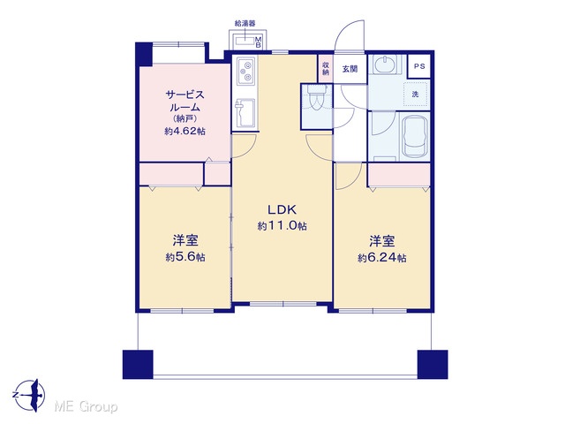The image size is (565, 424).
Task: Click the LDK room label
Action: tap(282, 209)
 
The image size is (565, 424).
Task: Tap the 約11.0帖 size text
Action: tap(282, 226)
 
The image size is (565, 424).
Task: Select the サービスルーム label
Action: tap(185, 101)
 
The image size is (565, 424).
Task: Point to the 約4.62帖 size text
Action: tap(185, 132)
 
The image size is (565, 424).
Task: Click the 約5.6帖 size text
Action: tap(185, 257)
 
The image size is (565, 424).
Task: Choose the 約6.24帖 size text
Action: tap(382, 258)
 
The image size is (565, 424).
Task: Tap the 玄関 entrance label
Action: tap(350, 69)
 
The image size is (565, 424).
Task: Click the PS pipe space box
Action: tap(419, 66)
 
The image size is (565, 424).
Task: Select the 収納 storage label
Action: tap(326, 69)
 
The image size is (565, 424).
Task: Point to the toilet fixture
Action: tap(317, 98)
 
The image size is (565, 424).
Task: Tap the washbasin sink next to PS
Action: tap(385, 65)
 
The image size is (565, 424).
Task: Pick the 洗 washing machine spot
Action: tap(416, 95)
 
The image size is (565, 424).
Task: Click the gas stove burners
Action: tap(246, 72)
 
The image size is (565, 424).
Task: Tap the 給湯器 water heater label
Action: tap(245, 24)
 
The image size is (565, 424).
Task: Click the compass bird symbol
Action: tap(29, 395)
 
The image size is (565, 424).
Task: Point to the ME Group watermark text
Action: tap(86, 407)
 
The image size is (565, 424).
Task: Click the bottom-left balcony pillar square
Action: tap(138, 364)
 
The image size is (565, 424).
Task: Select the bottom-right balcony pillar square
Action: tap(433, 364)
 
